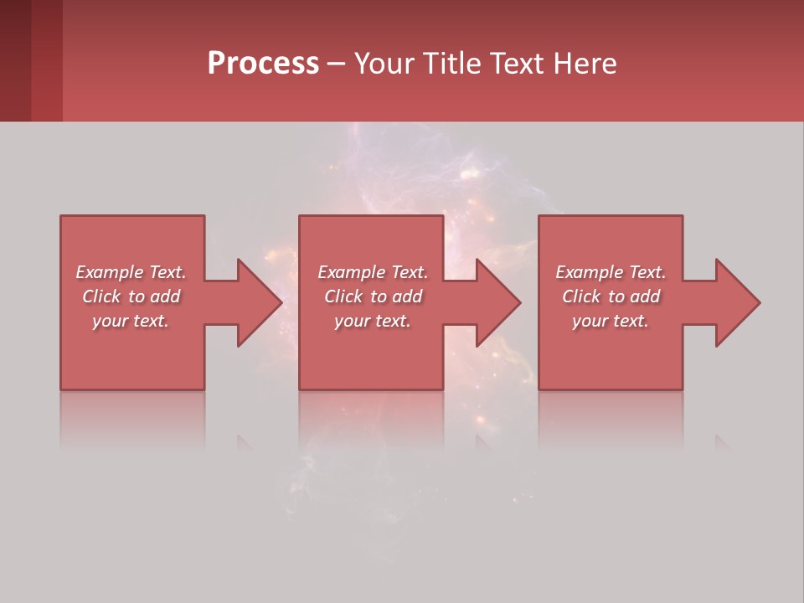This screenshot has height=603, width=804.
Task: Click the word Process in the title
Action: pos(263,64)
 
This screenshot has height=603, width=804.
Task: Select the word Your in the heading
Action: pos(385,64)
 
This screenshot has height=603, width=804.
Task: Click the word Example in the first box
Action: pos(110,272)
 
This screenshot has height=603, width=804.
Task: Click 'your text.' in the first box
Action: pos(131,321)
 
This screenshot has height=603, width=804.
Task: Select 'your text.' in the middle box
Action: pos(372,321)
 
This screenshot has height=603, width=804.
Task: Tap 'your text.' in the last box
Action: pos(611,321)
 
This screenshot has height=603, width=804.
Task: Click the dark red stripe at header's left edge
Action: pos(15,60)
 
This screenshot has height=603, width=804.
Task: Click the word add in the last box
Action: pos(645,296)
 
